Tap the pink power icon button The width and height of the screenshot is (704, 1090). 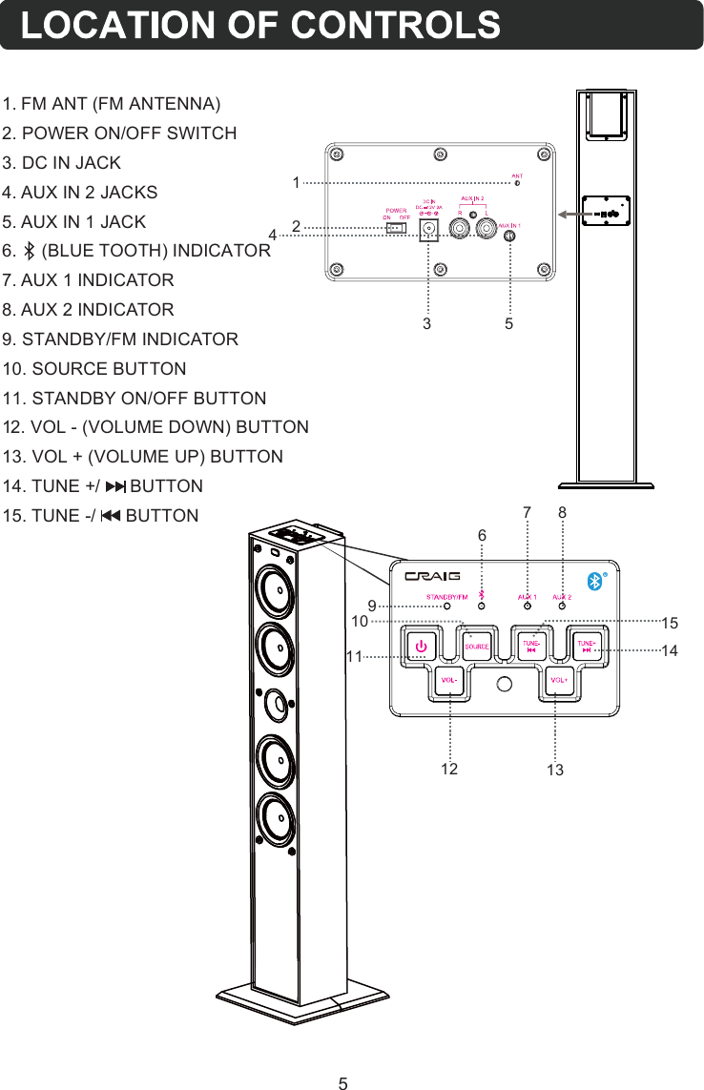[420, 646]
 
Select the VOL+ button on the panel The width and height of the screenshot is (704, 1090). [558, 680]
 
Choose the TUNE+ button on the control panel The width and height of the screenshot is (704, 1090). [587, 645]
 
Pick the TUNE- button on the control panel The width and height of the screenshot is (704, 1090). [531, 645]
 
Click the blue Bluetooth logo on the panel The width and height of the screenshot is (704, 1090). [592, 581]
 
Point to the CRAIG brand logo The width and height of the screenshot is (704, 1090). [432, 576]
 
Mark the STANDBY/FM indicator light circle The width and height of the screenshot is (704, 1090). [445, 606]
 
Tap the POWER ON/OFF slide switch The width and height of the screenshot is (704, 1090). [396, 229]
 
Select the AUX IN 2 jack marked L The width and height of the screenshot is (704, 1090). [487, 229]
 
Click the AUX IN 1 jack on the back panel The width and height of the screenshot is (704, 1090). [510, 237]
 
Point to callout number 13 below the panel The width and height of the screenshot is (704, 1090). [554, 770]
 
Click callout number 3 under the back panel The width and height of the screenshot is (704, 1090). [427, 324]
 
